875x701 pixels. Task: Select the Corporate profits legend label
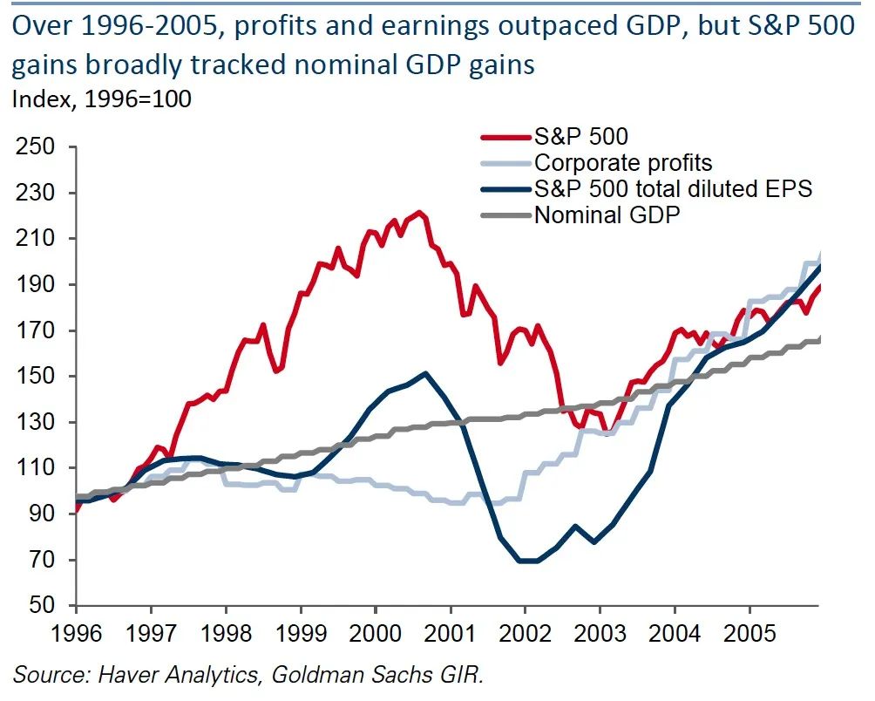coord(623,162)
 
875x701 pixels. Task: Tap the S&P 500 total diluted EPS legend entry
coord(673,188)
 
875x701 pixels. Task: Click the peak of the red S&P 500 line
coord(419,212)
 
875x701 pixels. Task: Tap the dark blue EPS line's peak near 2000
coord(424,373)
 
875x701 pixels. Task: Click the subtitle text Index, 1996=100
coord(102,98)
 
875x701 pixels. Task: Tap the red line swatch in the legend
coord(507,136)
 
